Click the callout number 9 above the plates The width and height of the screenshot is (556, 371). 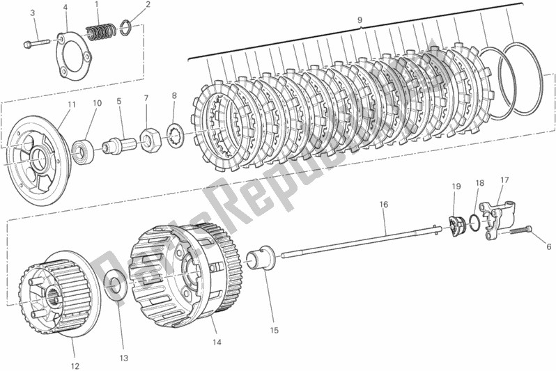click(x=360, y=20)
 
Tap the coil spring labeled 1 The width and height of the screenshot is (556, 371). click(x=101, y=31)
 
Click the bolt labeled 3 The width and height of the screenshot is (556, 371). click(x=36, y=45)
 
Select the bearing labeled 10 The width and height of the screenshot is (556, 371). click(x=83, y=150)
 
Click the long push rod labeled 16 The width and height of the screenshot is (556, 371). click(x=361, y=242)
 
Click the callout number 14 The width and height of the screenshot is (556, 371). click(x=217, y=342)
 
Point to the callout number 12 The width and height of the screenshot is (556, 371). click(x=75, y=365)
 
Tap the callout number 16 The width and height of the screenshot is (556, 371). click(x=384, y=205)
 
